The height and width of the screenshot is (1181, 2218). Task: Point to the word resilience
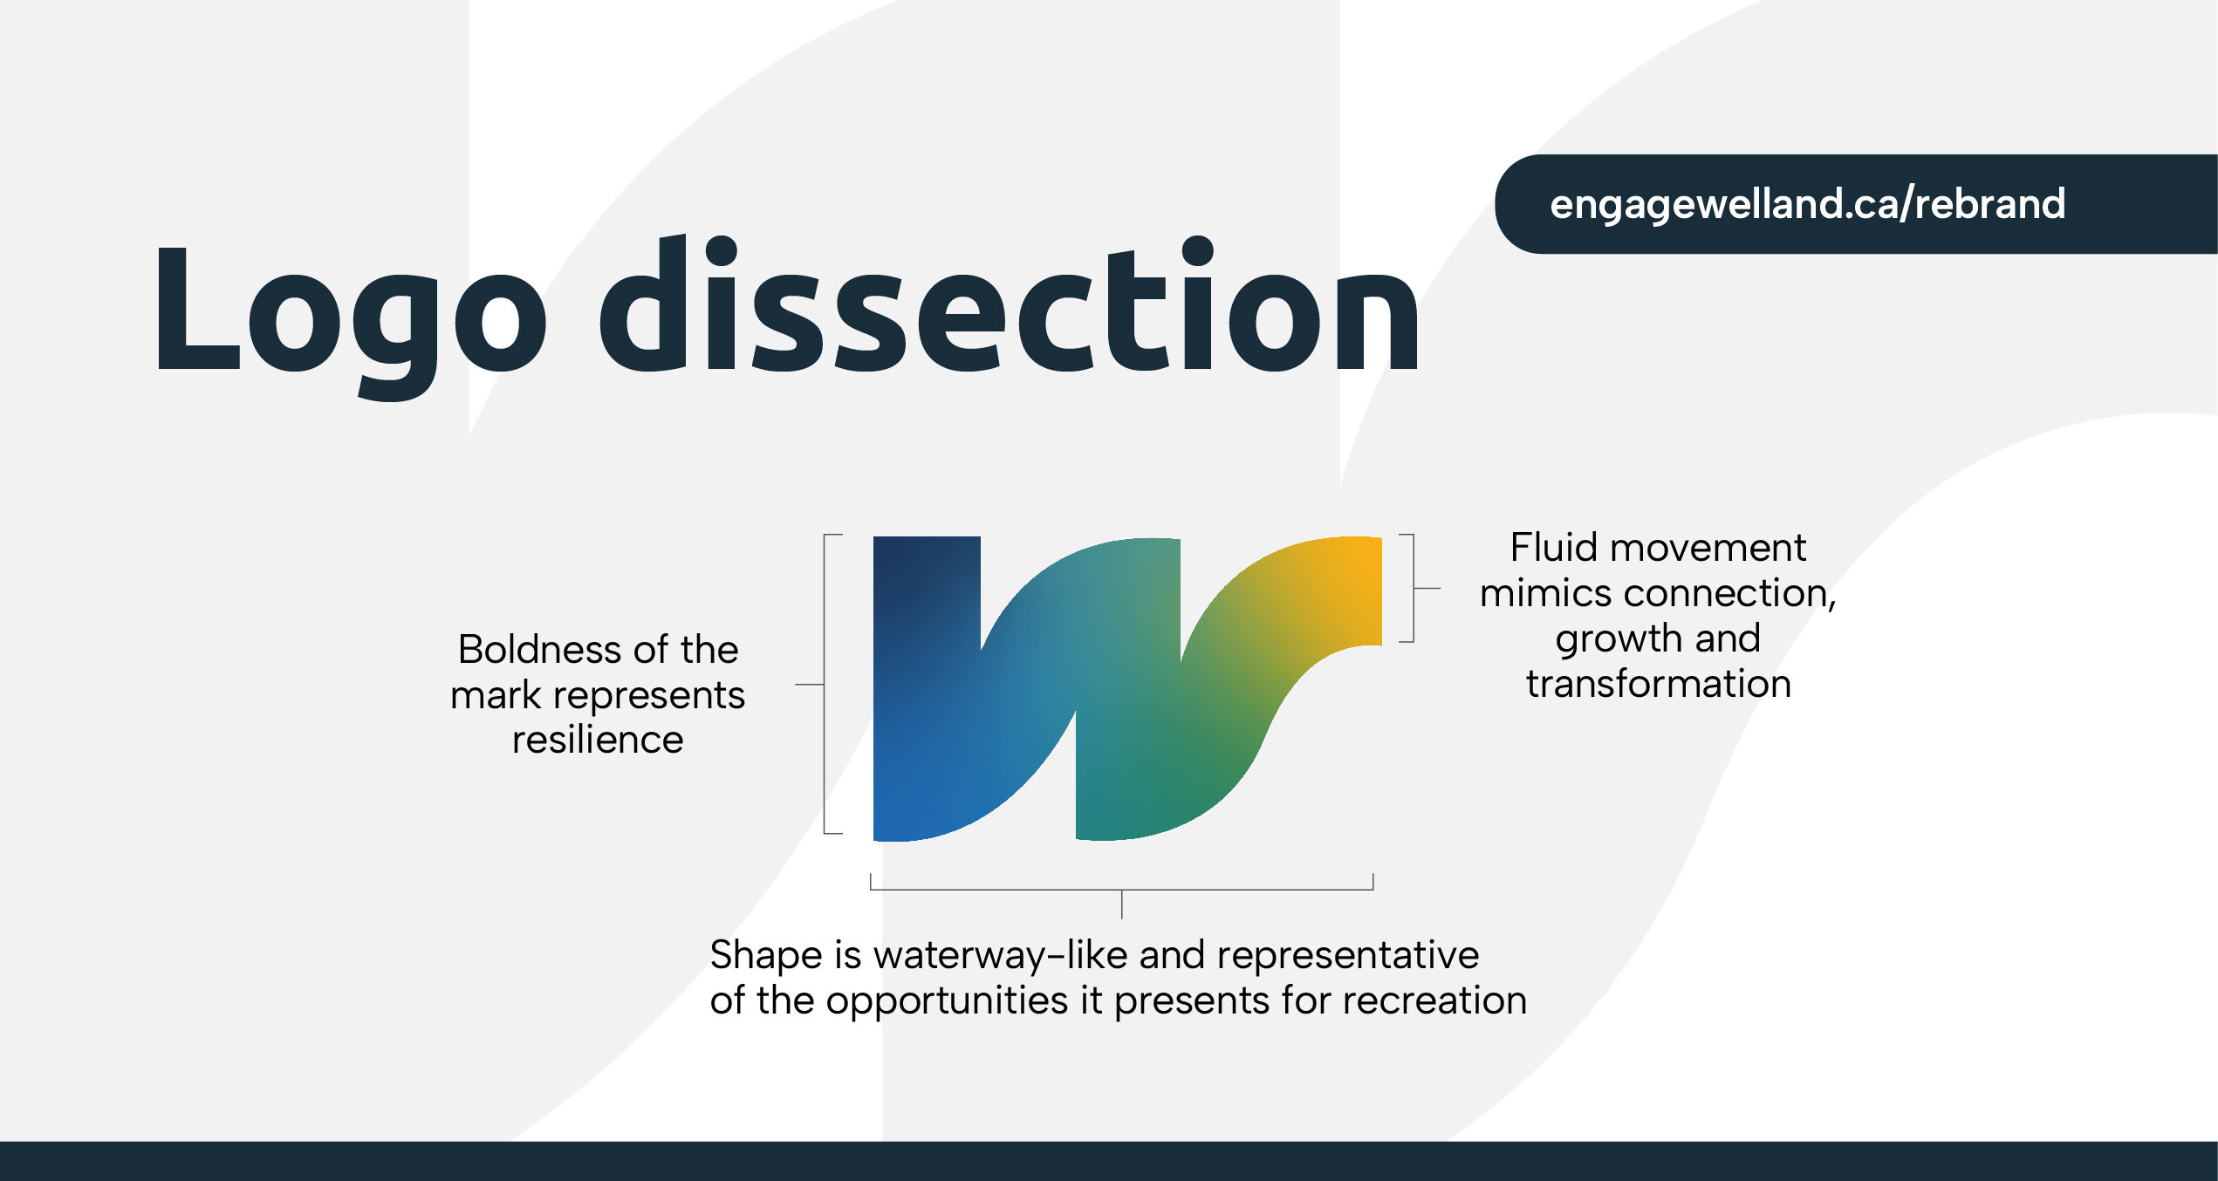point(598,740)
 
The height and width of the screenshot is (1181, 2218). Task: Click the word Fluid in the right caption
point(1554,548)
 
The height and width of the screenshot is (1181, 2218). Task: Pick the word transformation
point(1659,684)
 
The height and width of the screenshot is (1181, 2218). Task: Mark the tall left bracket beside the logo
point(825,684)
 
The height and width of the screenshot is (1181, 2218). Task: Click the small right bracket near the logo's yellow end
point(1414,589)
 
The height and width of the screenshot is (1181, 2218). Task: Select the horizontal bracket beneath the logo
point(1122,890)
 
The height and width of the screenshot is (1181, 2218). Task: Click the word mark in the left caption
point(496,695)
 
